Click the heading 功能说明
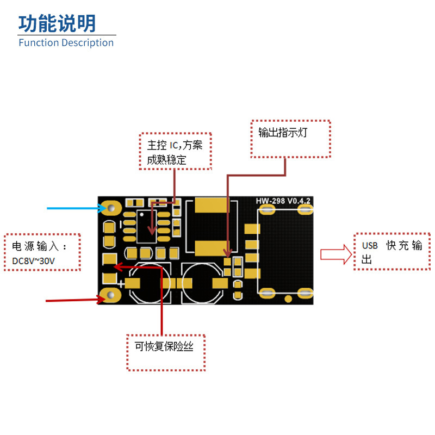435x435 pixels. [57, 23]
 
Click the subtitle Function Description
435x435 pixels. [66, 43]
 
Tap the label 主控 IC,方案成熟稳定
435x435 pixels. [175, 152]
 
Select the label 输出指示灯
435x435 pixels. [283, 133]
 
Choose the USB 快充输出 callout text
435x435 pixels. [391, 252]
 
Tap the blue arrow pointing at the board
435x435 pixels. [76, 208]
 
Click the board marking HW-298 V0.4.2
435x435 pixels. [283, 202]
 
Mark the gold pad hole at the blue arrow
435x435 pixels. [113, 208]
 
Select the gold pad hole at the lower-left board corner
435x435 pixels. [111, 295]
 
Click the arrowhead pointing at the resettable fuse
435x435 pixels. [118, 266]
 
